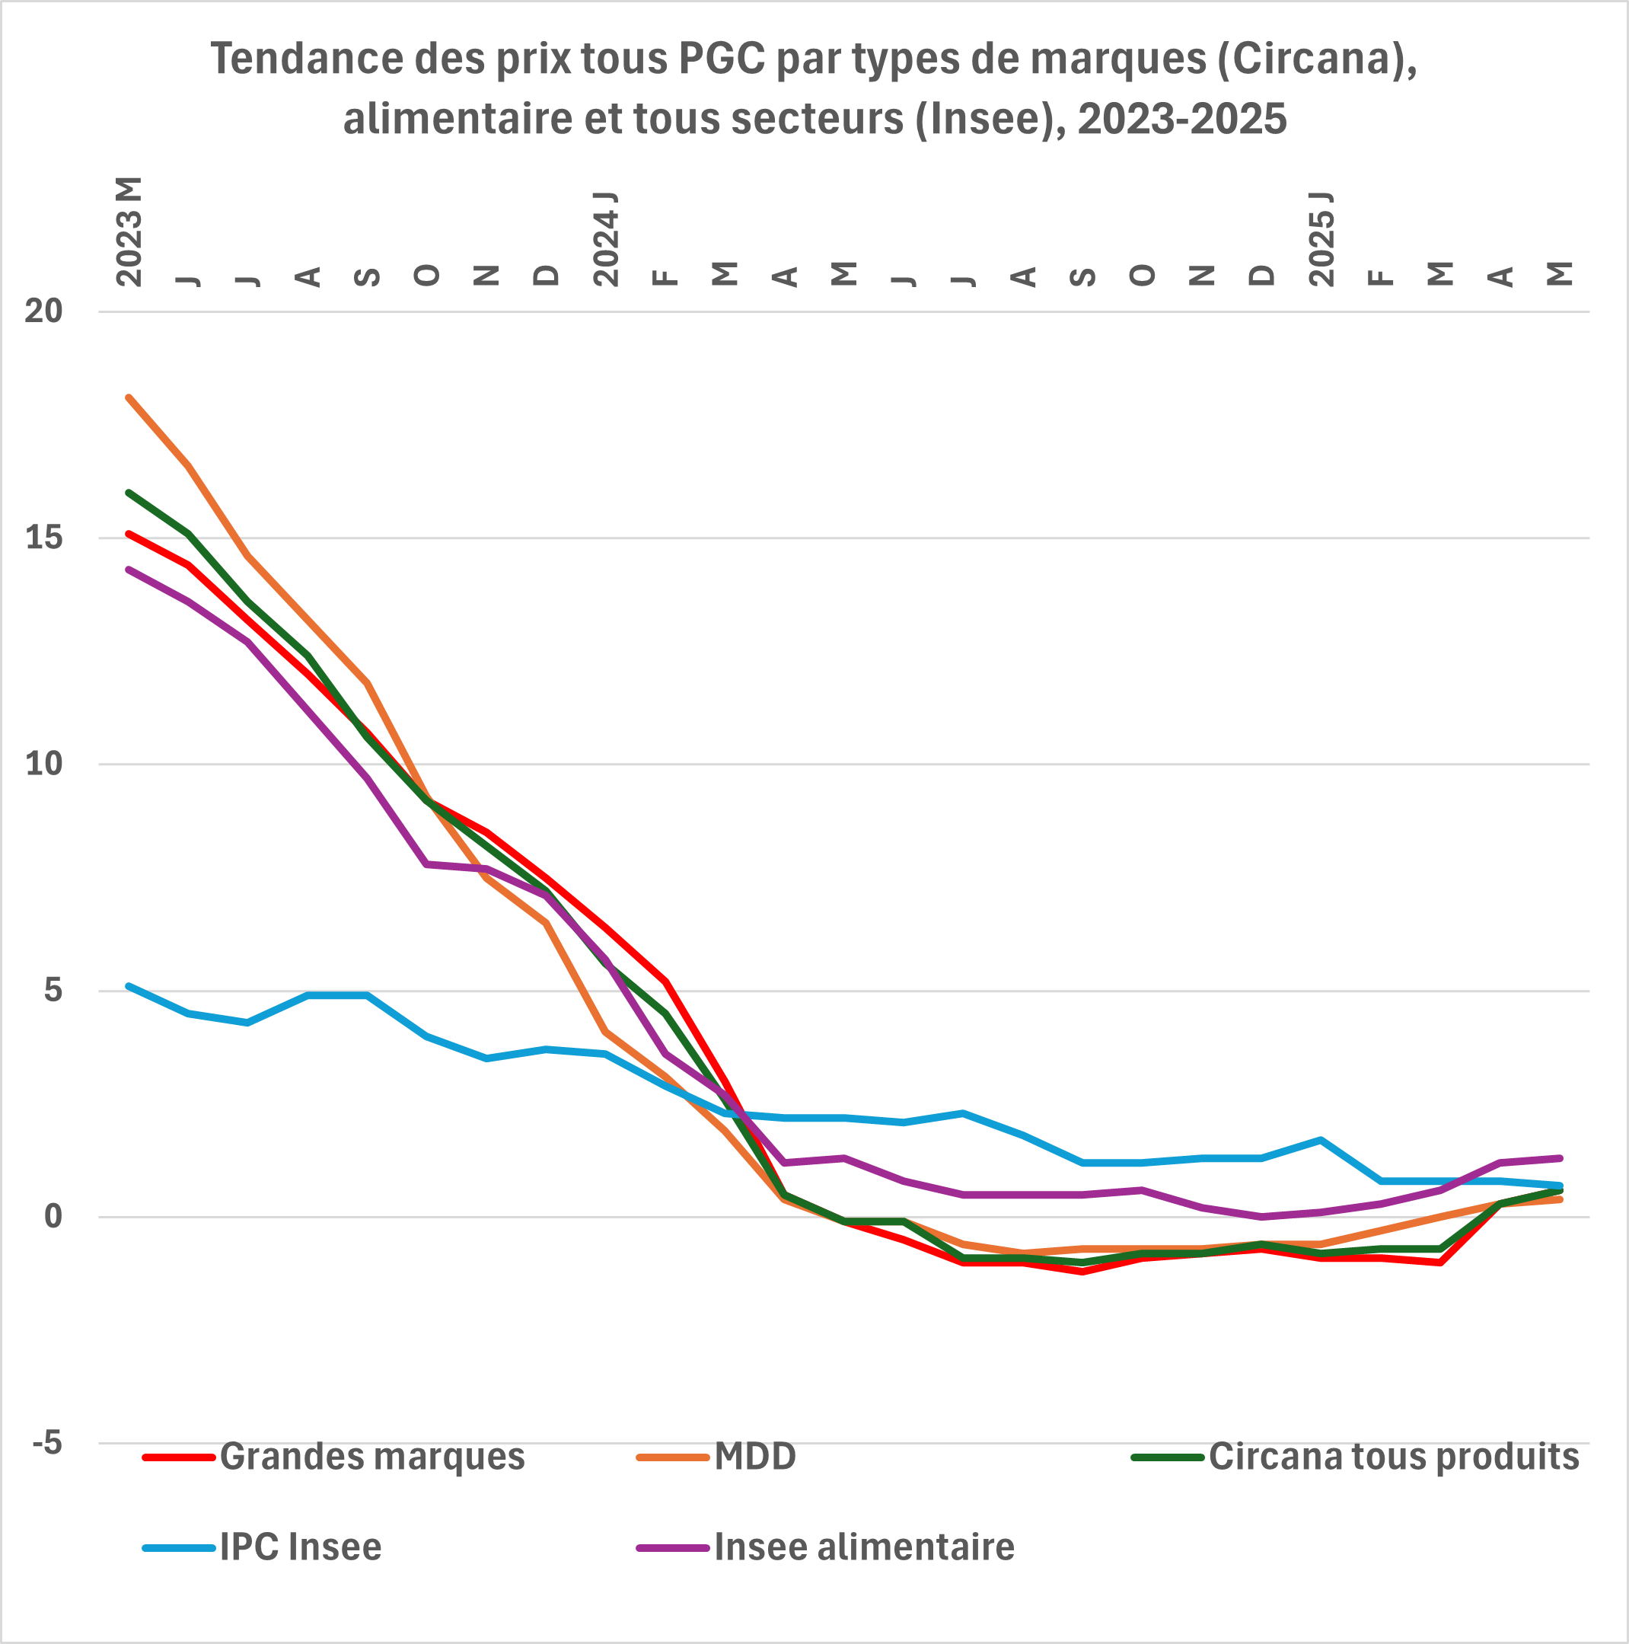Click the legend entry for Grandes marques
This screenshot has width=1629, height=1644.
(x=334, y=1456)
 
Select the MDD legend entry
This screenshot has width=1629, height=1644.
(x=717, y=1456)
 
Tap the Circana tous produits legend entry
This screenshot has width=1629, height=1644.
(x=1356, y=1456)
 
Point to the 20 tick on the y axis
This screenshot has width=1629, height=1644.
(x=43, y=311)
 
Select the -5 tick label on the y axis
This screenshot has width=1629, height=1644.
(x=46, y=1443)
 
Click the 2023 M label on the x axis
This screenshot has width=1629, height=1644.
(x=129, y=231)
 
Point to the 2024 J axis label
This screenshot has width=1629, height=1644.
(x=606, y=239)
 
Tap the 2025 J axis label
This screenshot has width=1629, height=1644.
(x=1321, y=239)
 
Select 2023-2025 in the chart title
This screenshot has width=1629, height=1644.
(x=1182, y=119)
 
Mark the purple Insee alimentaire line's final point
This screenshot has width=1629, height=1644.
(x=1559, y=1158)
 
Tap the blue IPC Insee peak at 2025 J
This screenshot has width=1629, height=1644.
(x=1321, y=1139)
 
